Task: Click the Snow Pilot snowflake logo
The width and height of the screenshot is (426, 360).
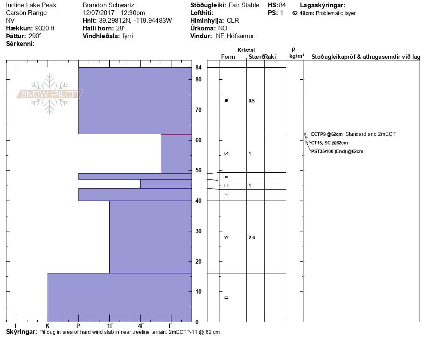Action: (x=50, y=94)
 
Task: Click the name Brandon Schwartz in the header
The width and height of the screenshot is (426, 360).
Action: (x=108, y=5)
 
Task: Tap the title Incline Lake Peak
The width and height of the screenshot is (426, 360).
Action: (x=31, y=5)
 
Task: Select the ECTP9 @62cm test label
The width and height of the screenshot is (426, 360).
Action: (x=327, y=134)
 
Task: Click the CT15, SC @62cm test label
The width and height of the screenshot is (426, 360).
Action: (x=329, y=143)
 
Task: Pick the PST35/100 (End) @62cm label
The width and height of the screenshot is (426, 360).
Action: (x=337, y=151)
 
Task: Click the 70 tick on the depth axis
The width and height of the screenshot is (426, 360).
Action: (x=198, y=110)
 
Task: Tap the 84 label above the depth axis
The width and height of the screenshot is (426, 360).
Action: (x=198, y=67)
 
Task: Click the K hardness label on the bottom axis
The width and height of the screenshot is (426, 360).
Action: (x=48, y=326)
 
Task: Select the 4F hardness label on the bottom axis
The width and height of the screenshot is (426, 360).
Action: (x=140, y=326)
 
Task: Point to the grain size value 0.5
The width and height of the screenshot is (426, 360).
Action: (x=252, y=101)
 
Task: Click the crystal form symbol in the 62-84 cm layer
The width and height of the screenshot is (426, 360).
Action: (x=226, y=100)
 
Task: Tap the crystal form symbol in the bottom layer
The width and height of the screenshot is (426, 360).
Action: (x=226, y=297)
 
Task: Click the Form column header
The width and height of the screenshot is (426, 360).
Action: (x=228, y=57)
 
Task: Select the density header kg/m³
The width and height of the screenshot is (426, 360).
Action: (x=297, y=56)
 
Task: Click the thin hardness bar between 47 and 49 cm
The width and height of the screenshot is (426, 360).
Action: (x=135, y=176)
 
